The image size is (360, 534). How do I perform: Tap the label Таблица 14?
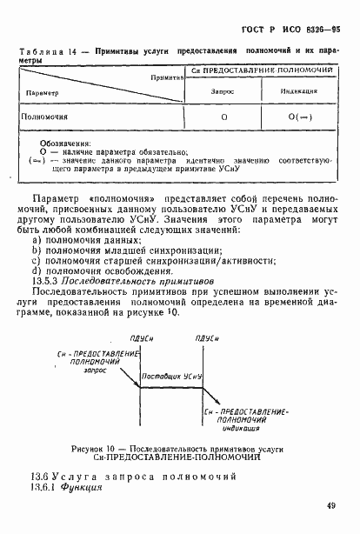pyautogui.click(x=51, y=52)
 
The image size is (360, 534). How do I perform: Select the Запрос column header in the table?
pyautogui.click(x=223, y=90)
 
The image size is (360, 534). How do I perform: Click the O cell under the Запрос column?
pyautogui.click(x=224, y=117)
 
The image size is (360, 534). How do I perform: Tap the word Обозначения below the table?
pyautogui.click(x=66, y=143)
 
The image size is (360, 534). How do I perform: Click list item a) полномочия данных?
pyautogui.click(x=86, y=239)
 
